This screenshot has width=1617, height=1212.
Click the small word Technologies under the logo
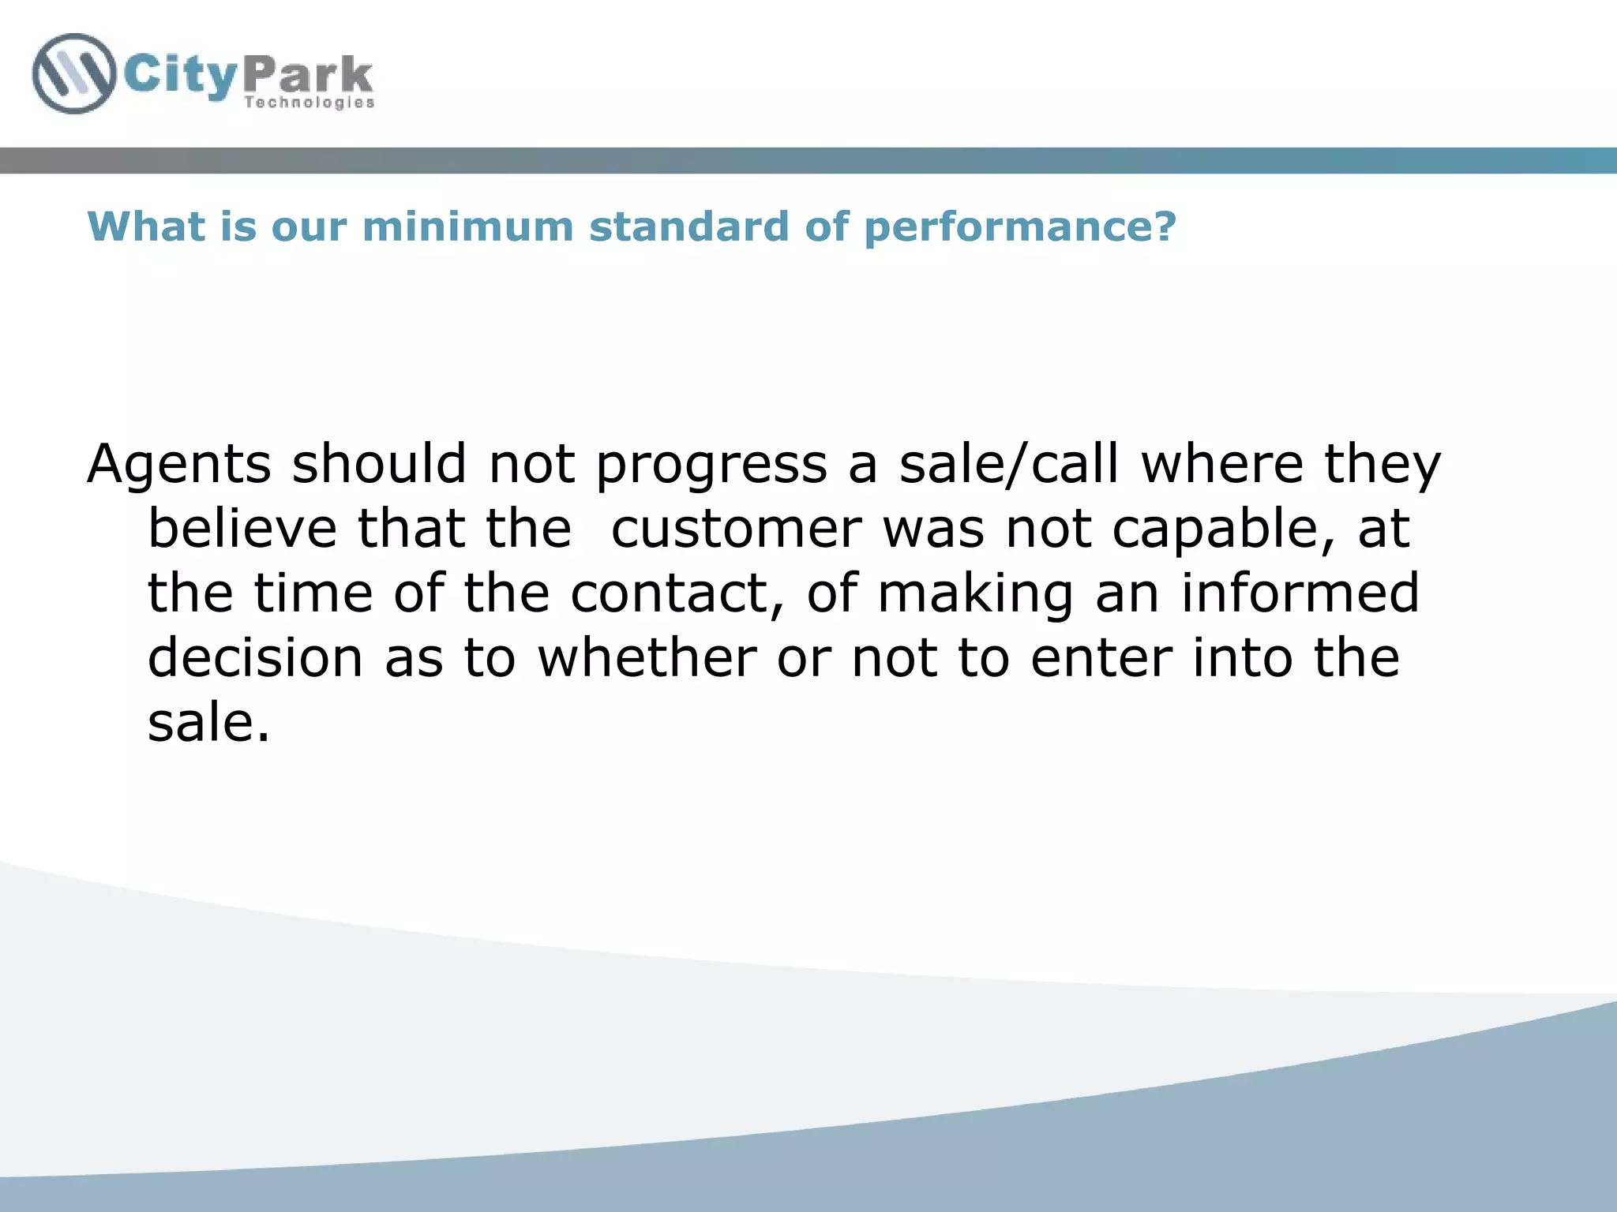(309, 103)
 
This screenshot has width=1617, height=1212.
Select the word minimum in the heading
(467, 227)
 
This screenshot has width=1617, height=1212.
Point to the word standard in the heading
(688, 227)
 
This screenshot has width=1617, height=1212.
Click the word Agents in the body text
(179, 466)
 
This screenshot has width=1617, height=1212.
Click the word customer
(736, 530)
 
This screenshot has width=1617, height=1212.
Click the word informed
(1300, 593)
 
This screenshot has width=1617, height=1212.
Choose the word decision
(255, 658)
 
